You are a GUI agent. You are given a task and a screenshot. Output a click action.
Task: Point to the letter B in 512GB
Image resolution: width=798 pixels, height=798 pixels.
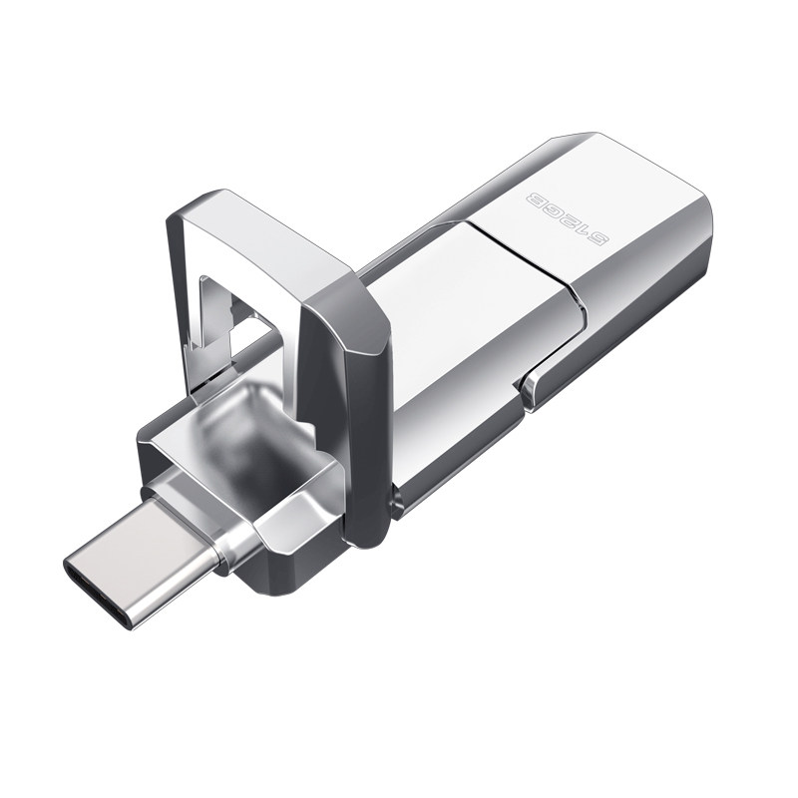click(538, 199)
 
